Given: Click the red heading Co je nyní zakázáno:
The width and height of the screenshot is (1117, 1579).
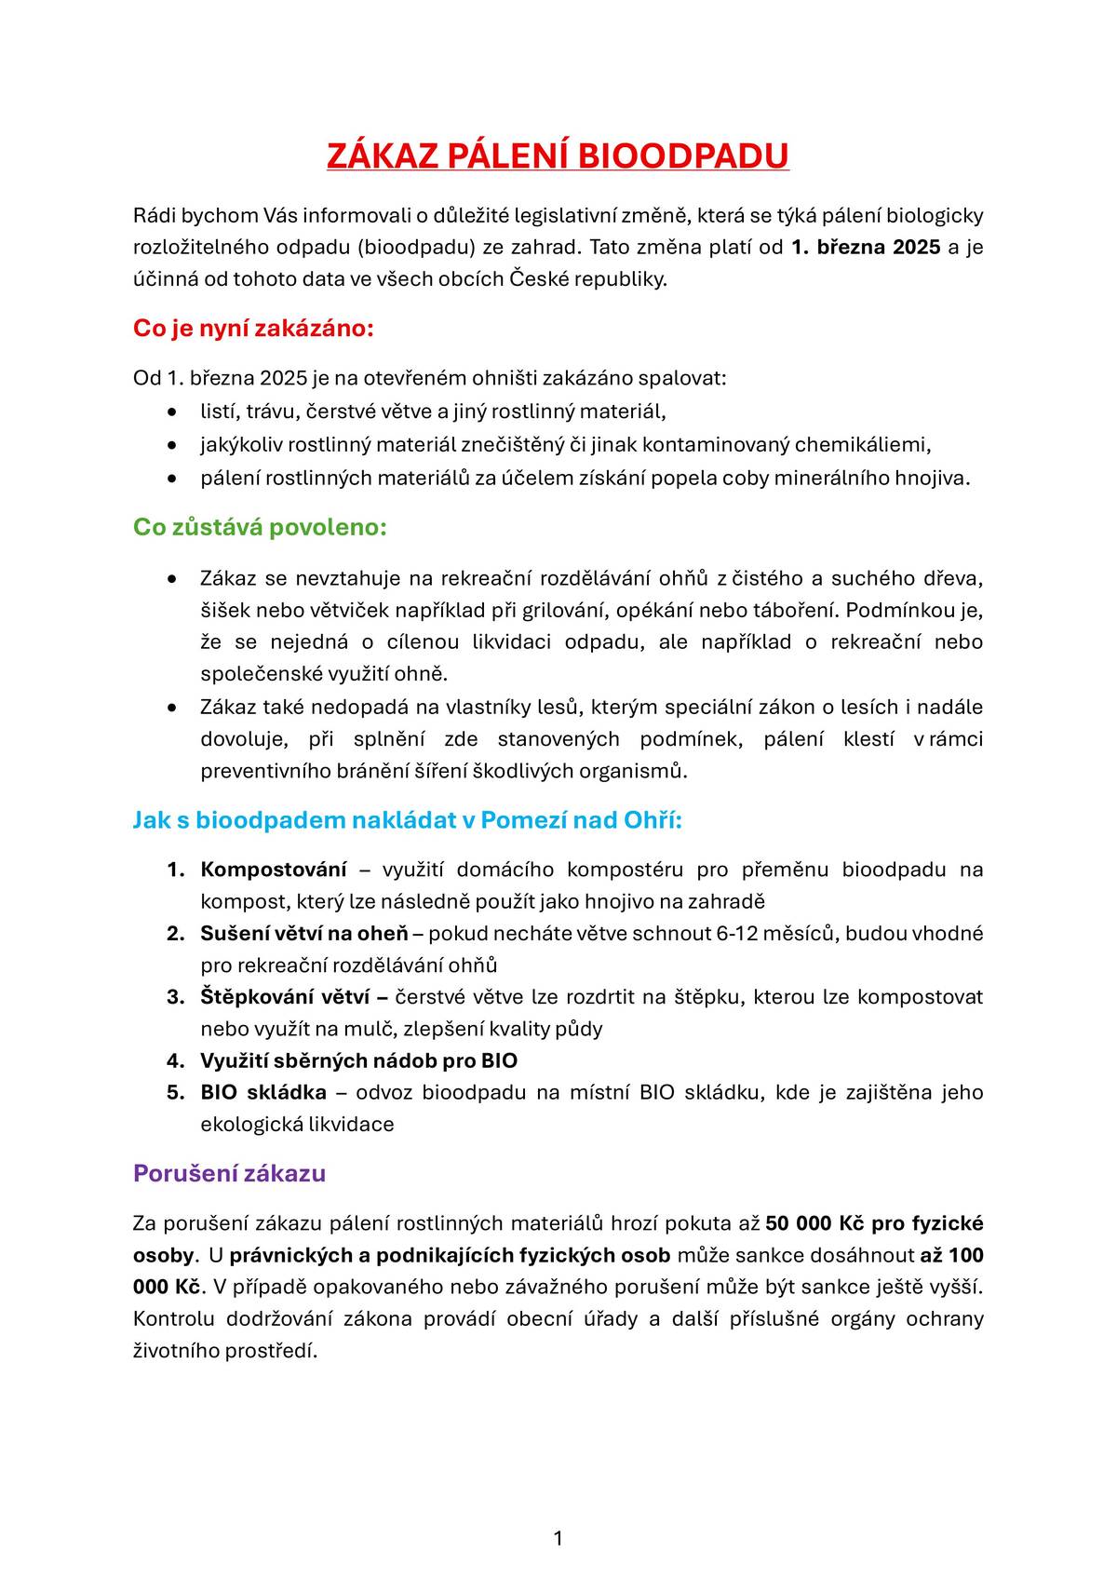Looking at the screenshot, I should (253, 329).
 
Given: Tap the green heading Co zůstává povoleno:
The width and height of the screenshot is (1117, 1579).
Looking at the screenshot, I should (260, 527).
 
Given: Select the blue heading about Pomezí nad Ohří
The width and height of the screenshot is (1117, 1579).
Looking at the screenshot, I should (408, 820).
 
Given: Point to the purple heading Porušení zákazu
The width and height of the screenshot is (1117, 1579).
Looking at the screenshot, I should (229, 1173).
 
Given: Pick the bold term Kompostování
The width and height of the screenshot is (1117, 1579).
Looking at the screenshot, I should (274, 870).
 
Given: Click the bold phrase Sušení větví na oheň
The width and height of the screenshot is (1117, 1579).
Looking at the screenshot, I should (304, 934).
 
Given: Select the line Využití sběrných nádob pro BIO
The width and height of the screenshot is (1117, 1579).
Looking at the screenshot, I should (358, 1060).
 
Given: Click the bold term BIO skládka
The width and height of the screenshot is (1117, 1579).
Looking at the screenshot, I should (263, 1092).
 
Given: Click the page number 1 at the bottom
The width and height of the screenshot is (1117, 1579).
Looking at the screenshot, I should (558, 1539).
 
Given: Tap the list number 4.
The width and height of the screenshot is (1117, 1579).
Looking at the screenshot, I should (174, 1060).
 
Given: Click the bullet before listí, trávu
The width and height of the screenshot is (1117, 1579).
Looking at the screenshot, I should (171, 412).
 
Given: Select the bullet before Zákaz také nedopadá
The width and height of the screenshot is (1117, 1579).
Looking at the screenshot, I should (171, 708).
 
